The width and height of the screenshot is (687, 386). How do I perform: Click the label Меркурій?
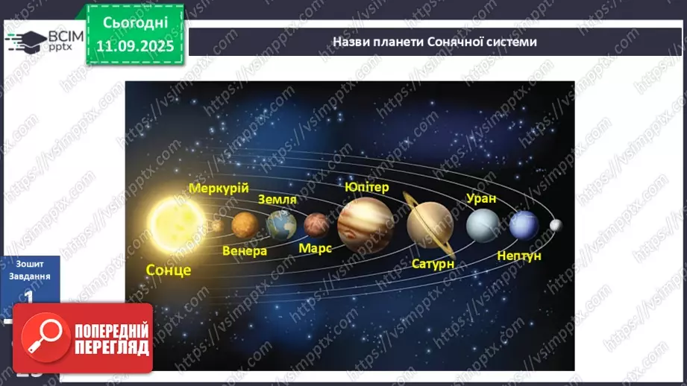219,188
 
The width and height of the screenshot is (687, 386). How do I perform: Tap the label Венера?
245,250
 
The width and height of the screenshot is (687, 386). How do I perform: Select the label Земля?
277,199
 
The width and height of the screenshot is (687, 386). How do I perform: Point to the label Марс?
315,247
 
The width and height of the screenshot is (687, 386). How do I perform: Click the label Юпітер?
366,187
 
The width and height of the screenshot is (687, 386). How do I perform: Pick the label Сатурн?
433,263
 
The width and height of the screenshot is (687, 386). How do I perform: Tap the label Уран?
480,198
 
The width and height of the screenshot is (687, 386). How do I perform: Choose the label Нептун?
519,256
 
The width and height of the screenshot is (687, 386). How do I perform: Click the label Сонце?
169,269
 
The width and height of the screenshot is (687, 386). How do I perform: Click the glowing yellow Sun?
171,221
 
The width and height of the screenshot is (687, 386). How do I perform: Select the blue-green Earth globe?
281,224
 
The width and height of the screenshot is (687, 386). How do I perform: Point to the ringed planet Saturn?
430,223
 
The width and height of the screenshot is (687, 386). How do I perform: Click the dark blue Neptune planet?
524,225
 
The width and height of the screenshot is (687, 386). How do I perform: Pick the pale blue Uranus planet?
482,224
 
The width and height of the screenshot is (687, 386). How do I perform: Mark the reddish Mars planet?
316,224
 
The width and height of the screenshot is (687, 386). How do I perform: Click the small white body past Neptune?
556,224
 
